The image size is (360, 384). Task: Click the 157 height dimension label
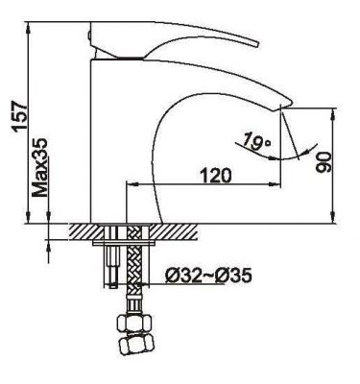click(x=19, y=116)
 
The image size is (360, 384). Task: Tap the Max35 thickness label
click(x=40, y=168)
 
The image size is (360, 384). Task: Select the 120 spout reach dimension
click(x=215, y=176)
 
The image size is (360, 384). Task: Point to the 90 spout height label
click(x=324, y=162)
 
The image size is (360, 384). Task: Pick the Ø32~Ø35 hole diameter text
click(x=208, y=276)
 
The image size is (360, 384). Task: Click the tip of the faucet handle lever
click(x=257, y=45)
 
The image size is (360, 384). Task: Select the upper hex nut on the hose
click(x=133, y=323)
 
